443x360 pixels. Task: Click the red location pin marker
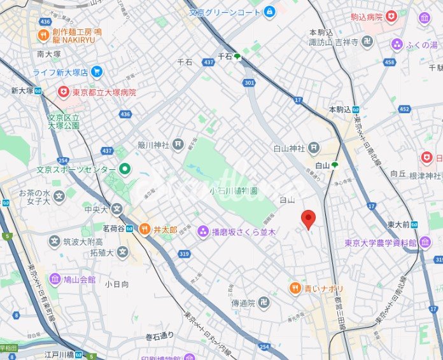click(308, 218)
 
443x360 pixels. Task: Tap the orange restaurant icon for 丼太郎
click(144, 229)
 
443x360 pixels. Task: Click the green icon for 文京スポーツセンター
click(125, 169)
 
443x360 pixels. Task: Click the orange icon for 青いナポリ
click(295, 289)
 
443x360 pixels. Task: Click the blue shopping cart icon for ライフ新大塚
click(97, 71)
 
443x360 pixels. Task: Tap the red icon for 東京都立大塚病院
click(63, 92)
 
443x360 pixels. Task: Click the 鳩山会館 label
click(79, 279)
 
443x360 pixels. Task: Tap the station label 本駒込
click(340, 109)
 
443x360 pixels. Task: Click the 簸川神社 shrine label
click(155, 144)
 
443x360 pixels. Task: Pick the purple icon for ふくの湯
click(398, 44)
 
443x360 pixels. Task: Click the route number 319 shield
click(185, 253)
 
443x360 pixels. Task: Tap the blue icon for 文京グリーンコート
click(270, 11)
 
